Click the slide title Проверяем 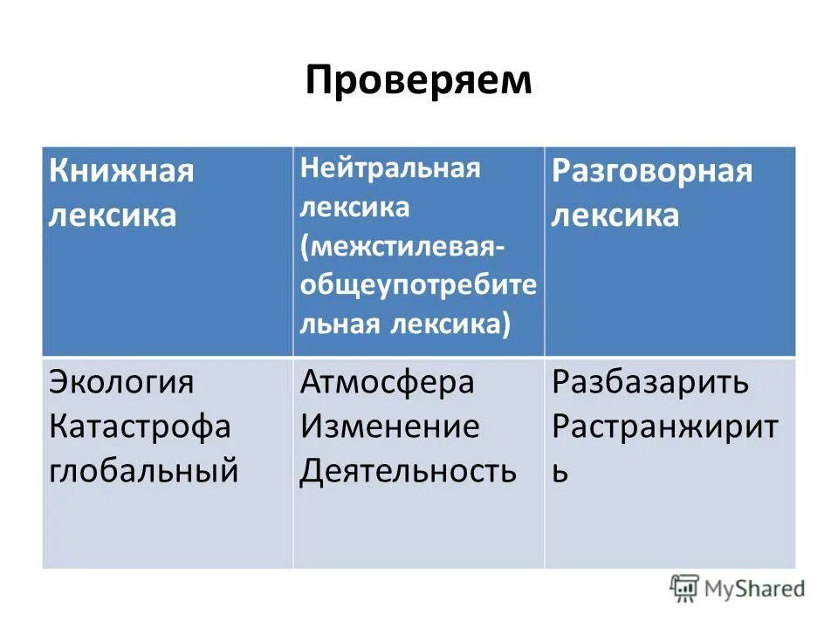418,81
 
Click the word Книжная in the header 120,170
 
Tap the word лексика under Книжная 112,215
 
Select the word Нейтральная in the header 390,168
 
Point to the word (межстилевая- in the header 402,246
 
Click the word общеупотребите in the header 418,285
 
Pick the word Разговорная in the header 651,171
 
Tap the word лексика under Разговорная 615,215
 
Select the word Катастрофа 140,427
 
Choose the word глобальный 143,471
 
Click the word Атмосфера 388,382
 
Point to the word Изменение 389,427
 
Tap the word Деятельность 408,471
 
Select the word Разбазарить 650,382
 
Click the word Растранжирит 664,427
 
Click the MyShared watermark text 755,589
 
